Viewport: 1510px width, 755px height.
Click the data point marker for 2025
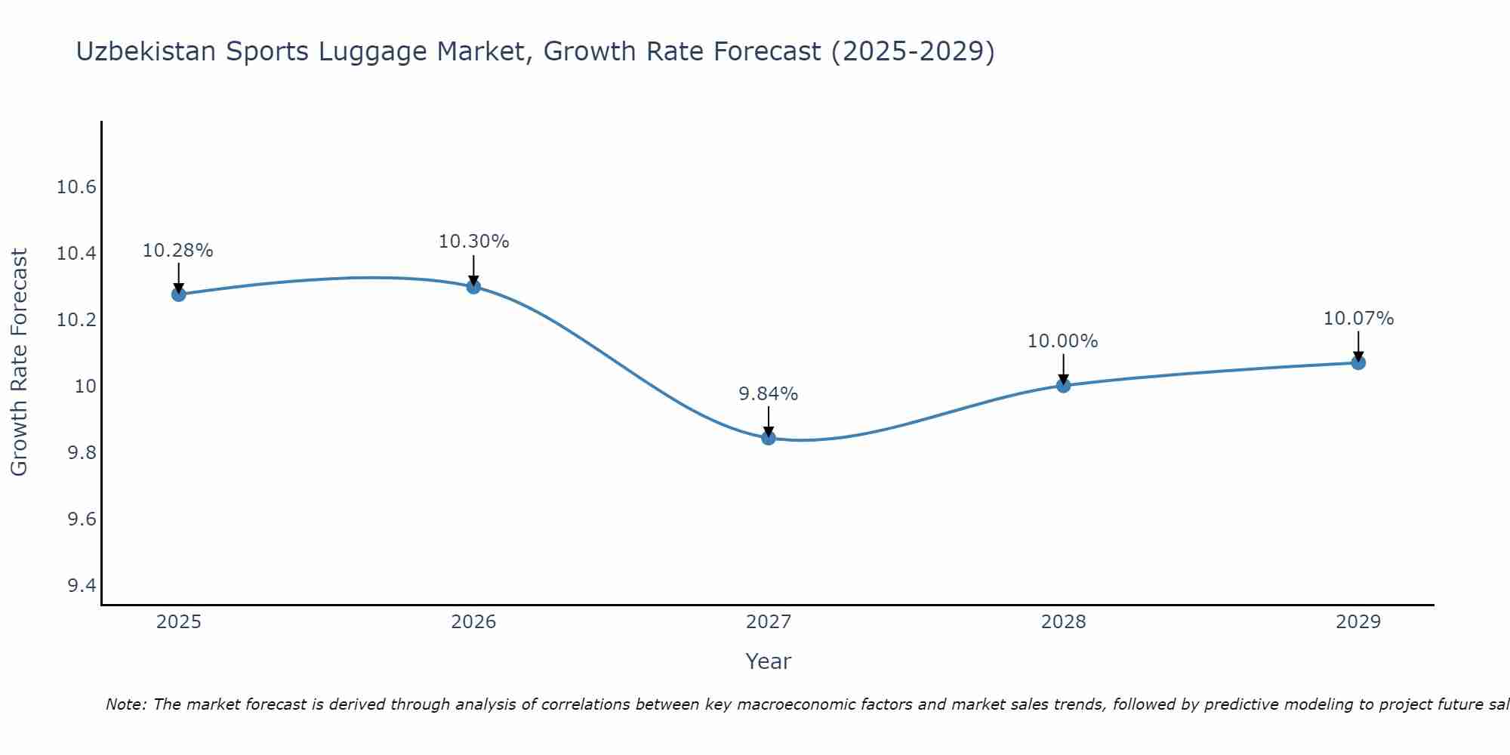tap(179, 294)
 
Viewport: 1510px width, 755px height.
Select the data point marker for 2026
tap(473, 286)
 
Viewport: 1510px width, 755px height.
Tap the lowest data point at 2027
tap(769, 437)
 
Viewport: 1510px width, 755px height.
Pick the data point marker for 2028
tap(1063, 385)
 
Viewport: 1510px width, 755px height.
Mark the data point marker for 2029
tap(1358, 362)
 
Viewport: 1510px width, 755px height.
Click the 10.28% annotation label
tap(178, 251)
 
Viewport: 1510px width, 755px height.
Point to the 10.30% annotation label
tap(473, 242)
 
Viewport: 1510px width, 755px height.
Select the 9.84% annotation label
tap(768, 394)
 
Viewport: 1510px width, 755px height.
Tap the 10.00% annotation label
tap(1062, 341)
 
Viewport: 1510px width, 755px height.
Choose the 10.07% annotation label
tap(1358, 319)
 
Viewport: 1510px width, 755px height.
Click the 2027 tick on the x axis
tap(768, 622)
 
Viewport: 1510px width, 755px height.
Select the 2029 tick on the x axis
tap(1358, 622)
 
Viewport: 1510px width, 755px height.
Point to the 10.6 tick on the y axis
tap(76, 187)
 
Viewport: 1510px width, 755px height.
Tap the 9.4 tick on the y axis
tap(82, 586)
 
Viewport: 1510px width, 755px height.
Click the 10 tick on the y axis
tap(86, 387)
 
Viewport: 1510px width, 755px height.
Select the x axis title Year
tap(768, 661)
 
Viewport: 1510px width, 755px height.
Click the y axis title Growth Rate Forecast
tap(19, 362)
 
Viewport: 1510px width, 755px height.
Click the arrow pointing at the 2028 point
tap(1063, 368)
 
